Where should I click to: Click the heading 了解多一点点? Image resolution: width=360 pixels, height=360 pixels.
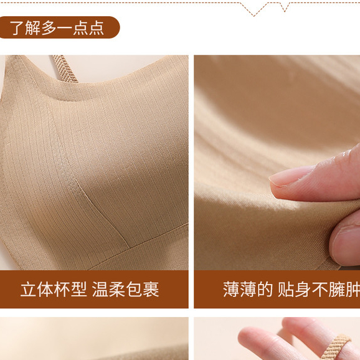57,28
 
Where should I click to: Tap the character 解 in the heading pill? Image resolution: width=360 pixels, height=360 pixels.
32,28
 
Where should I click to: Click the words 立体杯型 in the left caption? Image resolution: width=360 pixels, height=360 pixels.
54,289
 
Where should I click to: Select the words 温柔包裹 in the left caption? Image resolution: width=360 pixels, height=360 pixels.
125,289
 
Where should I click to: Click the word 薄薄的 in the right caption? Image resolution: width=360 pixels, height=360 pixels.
248,289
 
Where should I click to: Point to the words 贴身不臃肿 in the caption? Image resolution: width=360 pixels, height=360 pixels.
319,289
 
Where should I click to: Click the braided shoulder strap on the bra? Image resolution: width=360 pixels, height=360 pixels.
65,69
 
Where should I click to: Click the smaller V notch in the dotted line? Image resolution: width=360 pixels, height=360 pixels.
285,7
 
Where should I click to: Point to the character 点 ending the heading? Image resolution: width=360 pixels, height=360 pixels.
97,28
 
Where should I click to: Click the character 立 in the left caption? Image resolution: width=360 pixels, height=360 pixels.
29,289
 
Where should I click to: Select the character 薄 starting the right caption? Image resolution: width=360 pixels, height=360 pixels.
231,289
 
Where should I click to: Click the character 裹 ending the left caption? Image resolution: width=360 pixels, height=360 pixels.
151,289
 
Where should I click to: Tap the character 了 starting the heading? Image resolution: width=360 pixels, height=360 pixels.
17,28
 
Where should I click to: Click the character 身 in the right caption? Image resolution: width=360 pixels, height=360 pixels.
303,289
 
